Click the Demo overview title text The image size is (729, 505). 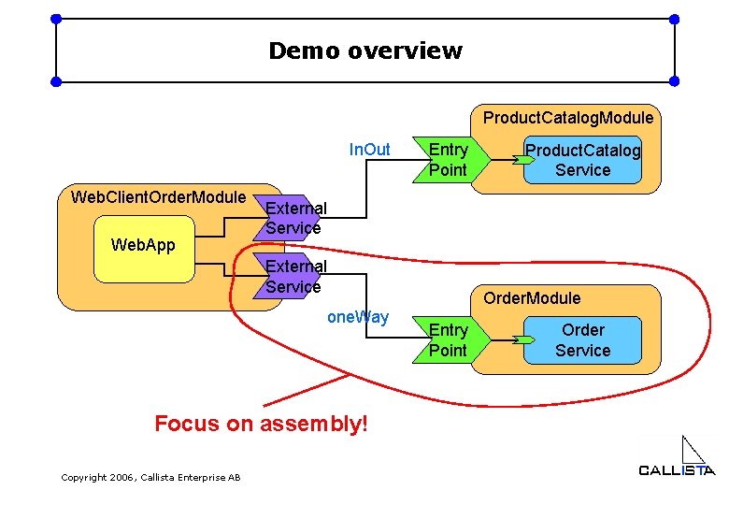pos(364,50)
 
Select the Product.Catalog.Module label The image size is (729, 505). pos(567,118)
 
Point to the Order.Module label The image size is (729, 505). pos(531,298)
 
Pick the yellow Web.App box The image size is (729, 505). pos(142,249)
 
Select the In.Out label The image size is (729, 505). pos(369,150)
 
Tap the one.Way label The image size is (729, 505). pos(358,317)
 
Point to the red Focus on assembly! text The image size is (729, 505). pos(262,424)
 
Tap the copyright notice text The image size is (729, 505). pos(150,478)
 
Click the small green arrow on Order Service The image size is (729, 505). pos(526,339)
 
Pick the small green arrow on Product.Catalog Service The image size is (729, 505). pos(526,160)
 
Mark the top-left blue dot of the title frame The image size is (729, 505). pos(56,19)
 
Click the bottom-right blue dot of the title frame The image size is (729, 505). pos(675,82)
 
